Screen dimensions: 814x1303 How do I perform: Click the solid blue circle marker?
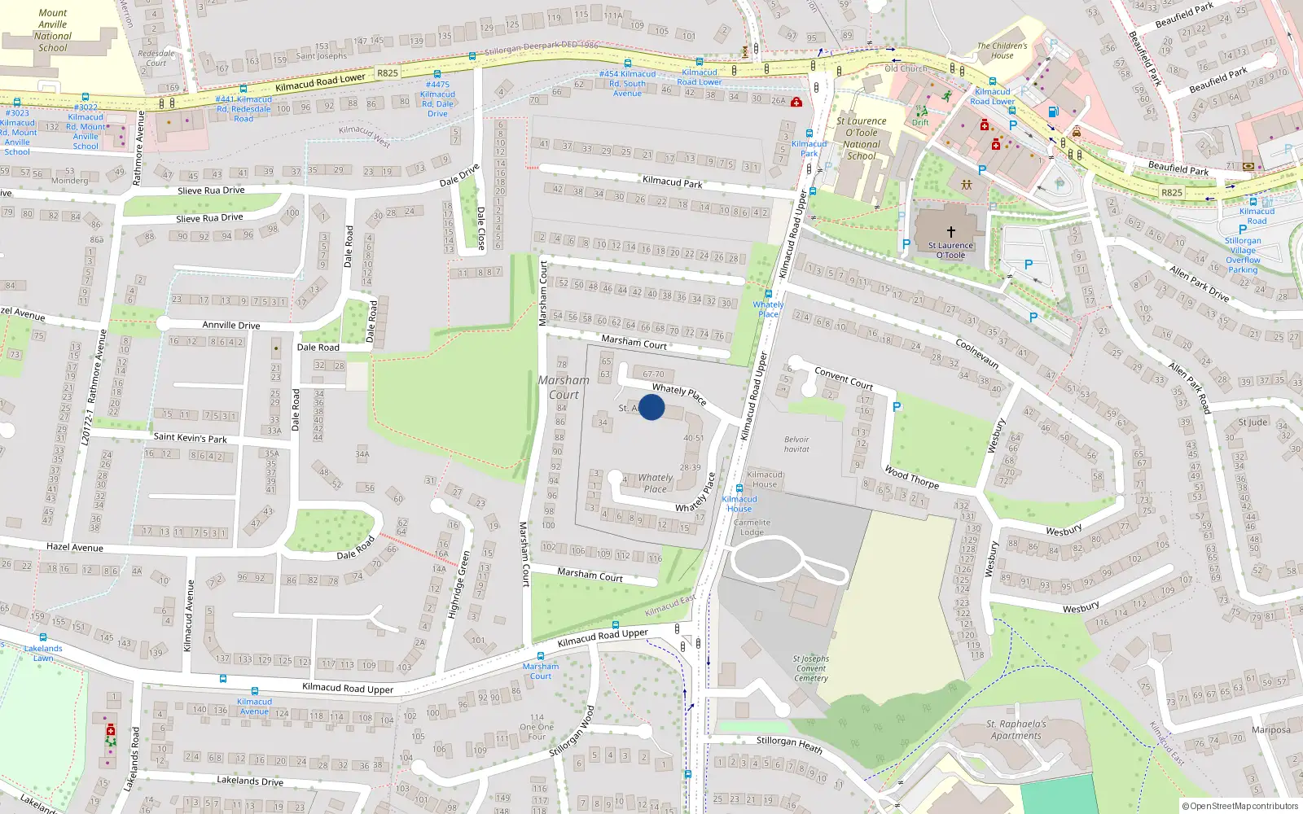coord(651,407)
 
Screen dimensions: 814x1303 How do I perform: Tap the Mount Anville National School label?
coord(53,30)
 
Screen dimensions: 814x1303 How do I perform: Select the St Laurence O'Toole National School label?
coord(862,138)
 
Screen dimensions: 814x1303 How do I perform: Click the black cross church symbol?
coord(950,232)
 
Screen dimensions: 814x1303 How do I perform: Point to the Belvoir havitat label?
coord(796,444)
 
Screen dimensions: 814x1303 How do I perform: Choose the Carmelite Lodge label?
coord(752,527)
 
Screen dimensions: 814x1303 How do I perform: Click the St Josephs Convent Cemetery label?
coord(811,668)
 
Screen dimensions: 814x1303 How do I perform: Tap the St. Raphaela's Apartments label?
coord(1016,729)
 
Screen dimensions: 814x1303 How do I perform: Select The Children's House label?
coord(1002,50)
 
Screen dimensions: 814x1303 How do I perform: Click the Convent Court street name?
coord(844,378)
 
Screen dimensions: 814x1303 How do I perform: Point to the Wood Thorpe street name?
coord(912,477)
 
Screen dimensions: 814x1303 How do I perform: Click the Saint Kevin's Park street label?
coord(190,438)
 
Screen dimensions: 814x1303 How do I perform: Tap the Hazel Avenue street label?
coord(75,547)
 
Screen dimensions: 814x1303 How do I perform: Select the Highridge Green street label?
coord(459,584)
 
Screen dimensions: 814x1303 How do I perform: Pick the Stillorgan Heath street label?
coord(789,744)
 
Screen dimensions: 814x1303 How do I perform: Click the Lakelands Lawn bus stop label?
coord(43,653)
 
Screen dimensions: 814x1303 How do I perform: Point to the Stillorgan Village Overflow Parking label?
coord(1243,255)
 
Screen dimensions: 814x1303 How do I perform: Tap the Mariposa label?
coord(1271,729)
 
